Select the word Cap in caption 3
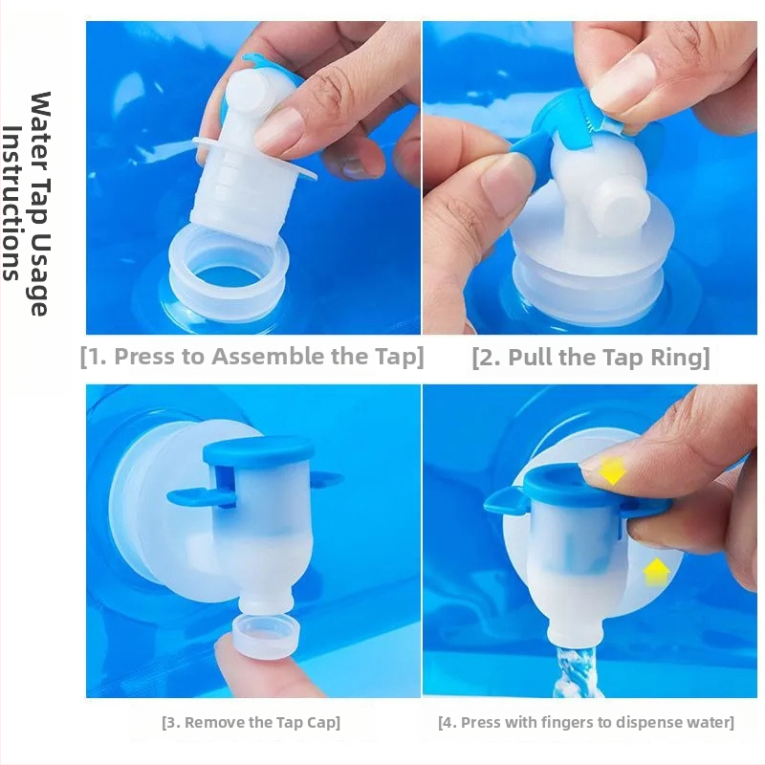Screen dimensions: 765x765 tap(322, 722)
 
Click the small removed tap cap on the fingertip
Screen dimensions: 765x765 tap(266, 637)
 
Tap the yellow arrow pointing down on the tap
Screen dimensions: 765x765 tap(613, 470)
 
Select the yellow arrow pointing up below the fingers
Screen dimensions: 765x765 tap(657, 571)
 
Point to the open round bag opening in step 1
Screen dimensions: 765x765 tap(229, 273)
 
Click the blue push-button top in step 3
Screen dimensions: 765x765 tap(258, 449)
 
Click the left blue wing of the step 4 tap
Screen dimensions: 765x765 tap(505, 503)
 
